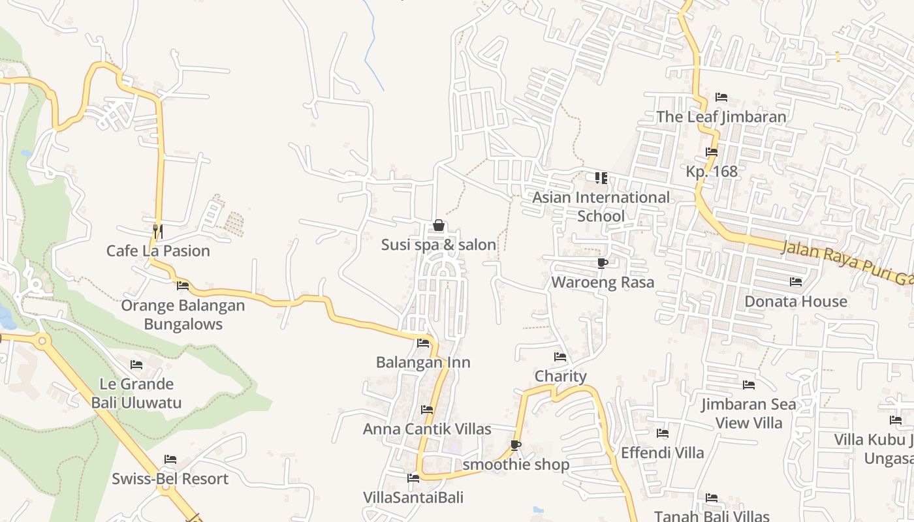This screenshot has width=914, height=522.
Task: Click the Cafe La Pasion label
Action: pyautogui.click(x=158, y=251)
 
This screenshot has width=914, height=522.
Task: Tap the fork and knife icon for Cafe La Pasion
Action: pyautogui.click(x=157, y=231)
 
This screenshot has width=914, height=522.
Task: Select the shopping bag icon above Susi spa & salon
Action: pyautogui.click(x=439, y=226)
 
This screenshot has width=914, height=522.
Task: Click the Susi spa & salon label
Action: pyautogui.click(x=439, y=245)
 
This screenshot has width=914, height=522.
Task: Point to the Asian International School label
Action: pyautogui.click(x=601, y=206)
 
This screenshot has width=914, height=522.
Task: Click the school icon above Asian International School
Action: pyautogui.click(x=601, y=177)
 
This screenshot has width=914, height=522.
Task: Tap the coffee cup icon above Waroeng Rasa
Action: pyautogui.click(x=603, y=263)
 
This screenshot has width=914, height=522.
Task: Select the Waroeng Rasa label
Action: pyautogui.click(x=603, y=283)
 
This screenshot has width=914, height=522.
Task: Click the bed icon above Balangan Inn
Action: pyautogui.click(x=423, y=343)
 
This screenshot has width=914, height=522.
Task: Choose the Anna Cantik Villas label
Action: pyautogui.click(x=427, y=429)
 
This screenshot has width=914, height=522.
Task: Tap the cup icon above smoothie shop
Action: pyautogui.click(x=516, y=445)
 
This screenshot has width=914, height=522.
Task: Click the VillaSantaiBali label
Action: pyautogui.click(x=413, y=498)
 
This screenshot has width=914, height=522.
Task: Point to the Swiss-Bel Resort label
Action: pyautogui.click(x=170, y=479)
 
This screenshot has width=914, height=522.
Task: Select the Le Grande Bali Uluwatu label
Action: pyautogui.click(x=136, y=393)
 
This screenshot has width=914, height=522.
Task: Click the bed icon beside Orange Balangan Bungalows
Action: pyautogui.click(x=183, y=285)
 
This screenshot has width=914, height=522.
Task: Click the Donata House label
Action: pyautogui.click(x=796, y=301)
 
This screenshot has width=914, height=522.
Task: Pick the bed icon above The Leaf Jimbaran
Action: pyautogui.click(x=721, y=97)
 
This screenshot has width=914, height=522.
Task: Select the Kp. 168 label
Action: pyautogui.click(x=712, y=172)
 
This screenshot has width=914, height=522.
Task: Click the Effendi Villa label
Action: pyautogui.click(x=662, y=453)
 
